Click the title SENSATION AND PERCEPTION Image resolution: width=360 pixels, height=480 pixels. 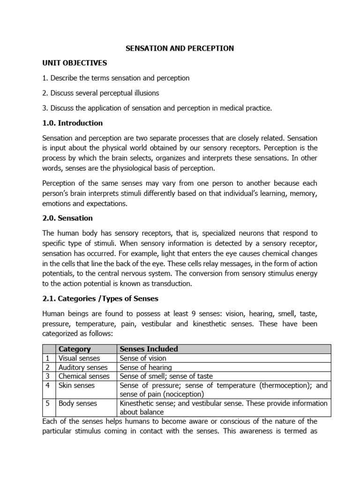click(180, 48)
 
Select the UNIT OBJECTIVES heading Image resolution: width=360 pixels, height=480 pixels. click(75, 63)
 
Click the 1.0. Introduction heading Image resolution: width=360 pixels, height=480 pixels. click(72, 123)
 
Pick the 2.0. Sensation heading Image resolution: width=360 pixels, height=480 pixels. click(67, 218)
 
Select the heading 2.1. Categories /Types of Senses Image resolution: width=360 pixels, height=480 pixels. click(100, 299)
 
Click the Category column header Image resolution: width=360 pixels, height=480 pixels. click(75, 349)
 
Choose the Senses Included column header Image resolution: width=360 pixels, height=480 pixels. click(149, 349)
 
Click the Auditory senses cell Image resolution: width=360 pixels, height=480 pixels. click(83, 367)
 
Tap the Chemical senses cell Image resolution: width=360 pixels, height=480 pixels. click(84, 376)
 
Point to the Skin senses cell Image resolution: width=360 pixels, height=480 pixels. click(76, 385)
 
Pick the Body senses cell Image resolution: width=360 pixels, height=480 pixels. click(78, 403)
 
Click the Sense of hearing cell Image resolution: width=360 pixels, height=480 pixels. click(146, 367)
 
